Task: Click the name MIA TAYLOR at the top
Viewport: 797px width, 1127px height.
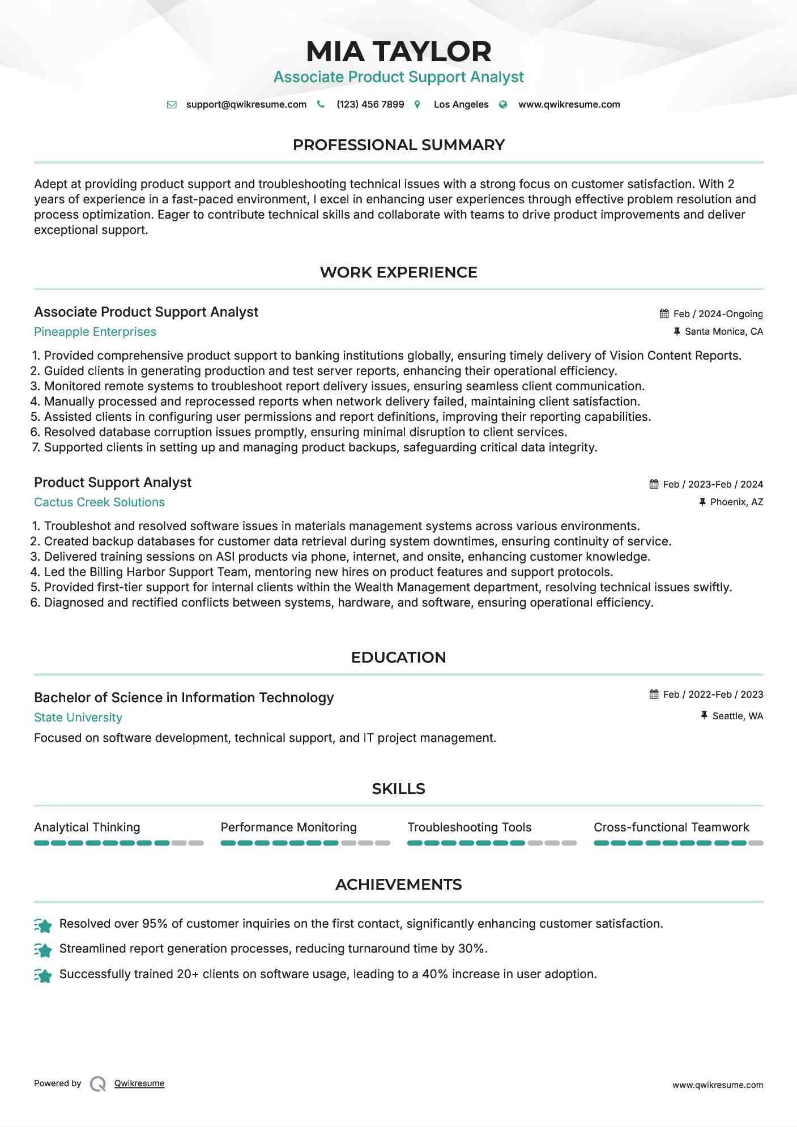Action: point(398,52)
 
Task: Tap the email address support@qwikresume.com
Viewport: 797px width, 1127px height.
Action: point(246,104)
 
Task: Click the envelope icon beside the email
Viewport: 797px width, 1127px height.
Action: point(172,104)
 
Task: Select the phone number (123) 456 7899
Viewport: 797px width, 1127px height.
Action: point(370,104)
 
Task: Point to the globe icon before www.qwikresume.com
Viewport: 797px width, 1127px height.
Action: point(503,104)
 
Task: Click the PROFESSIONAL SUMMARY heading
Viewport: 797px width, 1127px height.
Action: point(398,145)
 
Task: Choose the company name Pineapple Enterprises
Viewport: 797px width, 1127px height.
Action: point(95,332)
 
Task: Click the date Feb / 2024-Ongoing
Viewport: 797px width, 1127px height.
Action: point(718,314)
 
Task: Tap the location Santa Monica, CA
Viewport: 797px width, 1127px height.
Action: point(723,331)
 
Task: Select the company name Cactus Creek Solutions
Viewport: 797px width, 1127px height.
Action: point(99,502)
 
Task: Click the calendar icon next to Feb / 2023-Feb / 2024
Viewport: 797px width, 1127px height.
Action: point(654,484)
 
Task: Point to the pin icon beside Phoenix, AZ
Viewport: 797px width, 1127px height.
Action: point(702,502)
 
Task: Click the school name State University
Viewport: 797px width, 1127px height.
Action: point(78,718)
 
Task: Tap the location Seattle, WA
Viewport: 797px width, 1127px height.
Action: point(738,716)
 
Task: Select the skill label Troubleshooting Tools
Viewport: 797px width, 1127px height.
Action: point(469,827)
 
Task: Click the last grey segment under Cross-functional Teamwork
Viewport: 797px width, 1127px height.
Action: point(756,843)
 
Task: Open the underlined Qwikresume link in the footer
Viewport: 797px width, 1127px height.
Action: point(139,1083)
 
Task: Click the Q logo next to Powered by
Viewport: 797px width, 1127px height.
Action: point(98,1084)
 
